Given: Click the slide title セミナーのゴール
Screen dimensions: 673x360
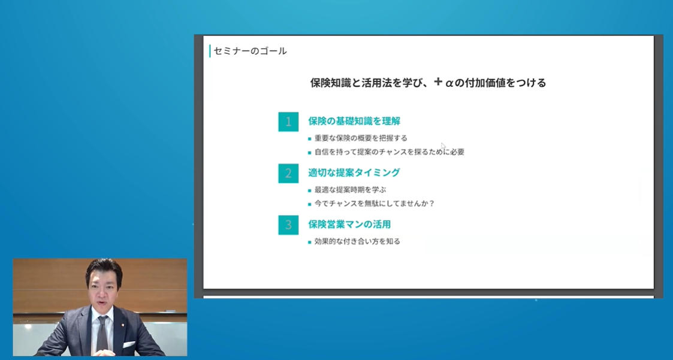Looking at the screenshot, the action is pos(251,51).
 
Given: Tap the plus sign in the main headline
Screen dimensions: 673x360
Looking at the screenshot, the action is pos(438,81).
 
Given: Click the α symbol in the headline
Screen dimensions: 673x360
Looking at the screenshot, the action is pos(449,83).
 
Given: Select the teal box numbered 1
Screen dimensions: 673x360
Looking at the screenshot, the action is pos(288,122).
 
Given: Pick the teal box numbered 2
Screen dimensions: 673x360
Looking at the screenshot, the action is pos(288,173).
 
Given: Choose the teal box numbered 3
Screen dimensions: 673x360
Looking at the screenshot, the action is pos(288,225).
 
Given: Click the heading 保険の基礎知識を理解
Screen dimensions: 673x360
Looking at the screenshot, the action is pos(354,121).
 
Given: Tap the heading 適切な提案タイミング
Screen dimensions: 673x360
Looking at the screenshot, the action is pos(354,173).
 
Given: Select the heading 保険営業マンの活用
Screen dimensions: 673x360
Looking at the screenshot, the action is pos(349,224).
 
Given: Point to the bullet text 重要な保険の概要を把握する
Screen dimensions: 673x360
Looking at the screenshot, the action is pos(361,138).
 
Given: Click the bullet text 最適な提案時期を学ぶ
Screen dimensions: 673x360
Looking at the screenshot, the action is pos(350,190).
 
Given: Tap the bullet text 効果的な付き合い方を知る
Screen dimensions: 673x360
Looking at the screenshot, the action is pos(358,241).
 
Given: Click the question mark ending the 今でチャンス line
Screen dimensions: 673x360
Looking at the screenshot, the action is pos(431,204).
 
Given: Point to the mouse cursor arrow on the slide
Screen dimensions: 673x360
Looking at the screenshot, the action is pos(443,146).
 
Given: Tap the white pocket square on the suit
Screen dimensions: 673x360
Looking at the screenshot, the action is pos(129,344).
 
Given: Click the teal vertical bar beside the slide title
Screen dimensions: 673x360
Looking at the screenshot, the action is pos(210,51).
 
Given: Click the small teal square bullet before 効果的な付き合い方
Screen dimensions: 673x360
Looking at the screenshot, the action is pos(310,243).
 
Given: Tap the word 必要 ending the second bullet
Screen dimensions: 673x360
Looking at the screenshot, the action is pos(457,152).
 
